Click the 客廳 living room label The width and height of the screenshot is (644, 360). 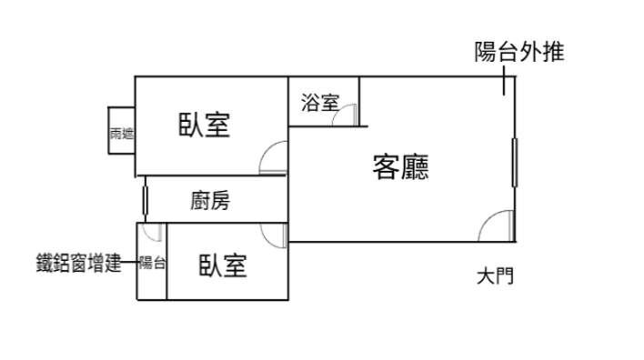tap(400, 166)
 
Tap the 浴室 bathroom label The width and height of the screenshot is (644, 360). tap(320, 102)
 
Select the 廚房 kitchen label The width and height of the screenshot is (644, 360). tap(210, 201)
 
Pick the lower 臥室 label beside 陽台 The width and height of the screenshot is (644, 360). tap(223, 265)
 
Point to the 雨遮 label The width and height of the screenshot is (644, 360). tap(122, 134)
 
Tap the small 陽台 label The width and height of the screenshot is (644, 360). tap(152, 263)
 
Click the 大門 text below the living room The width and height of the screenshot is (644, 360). tap(495, 276)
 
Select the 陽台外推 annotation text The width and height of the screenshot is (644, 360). tap(519, 52)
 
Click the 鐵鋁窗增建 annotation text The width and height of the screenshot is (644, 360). tap(79, 263)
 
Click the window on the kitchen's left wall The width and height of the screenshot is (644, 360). tap(145, 200)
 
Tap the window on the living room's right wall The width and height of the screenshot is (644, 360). tap(515, 163)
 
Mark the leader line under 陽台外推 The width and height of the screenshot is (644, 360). tap(504, 81)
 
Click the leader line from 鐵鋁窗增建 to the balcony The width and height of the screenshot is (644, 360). tap(130, 262)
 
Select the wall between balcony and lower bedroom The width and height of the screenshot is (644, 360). tap(166, 262)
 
